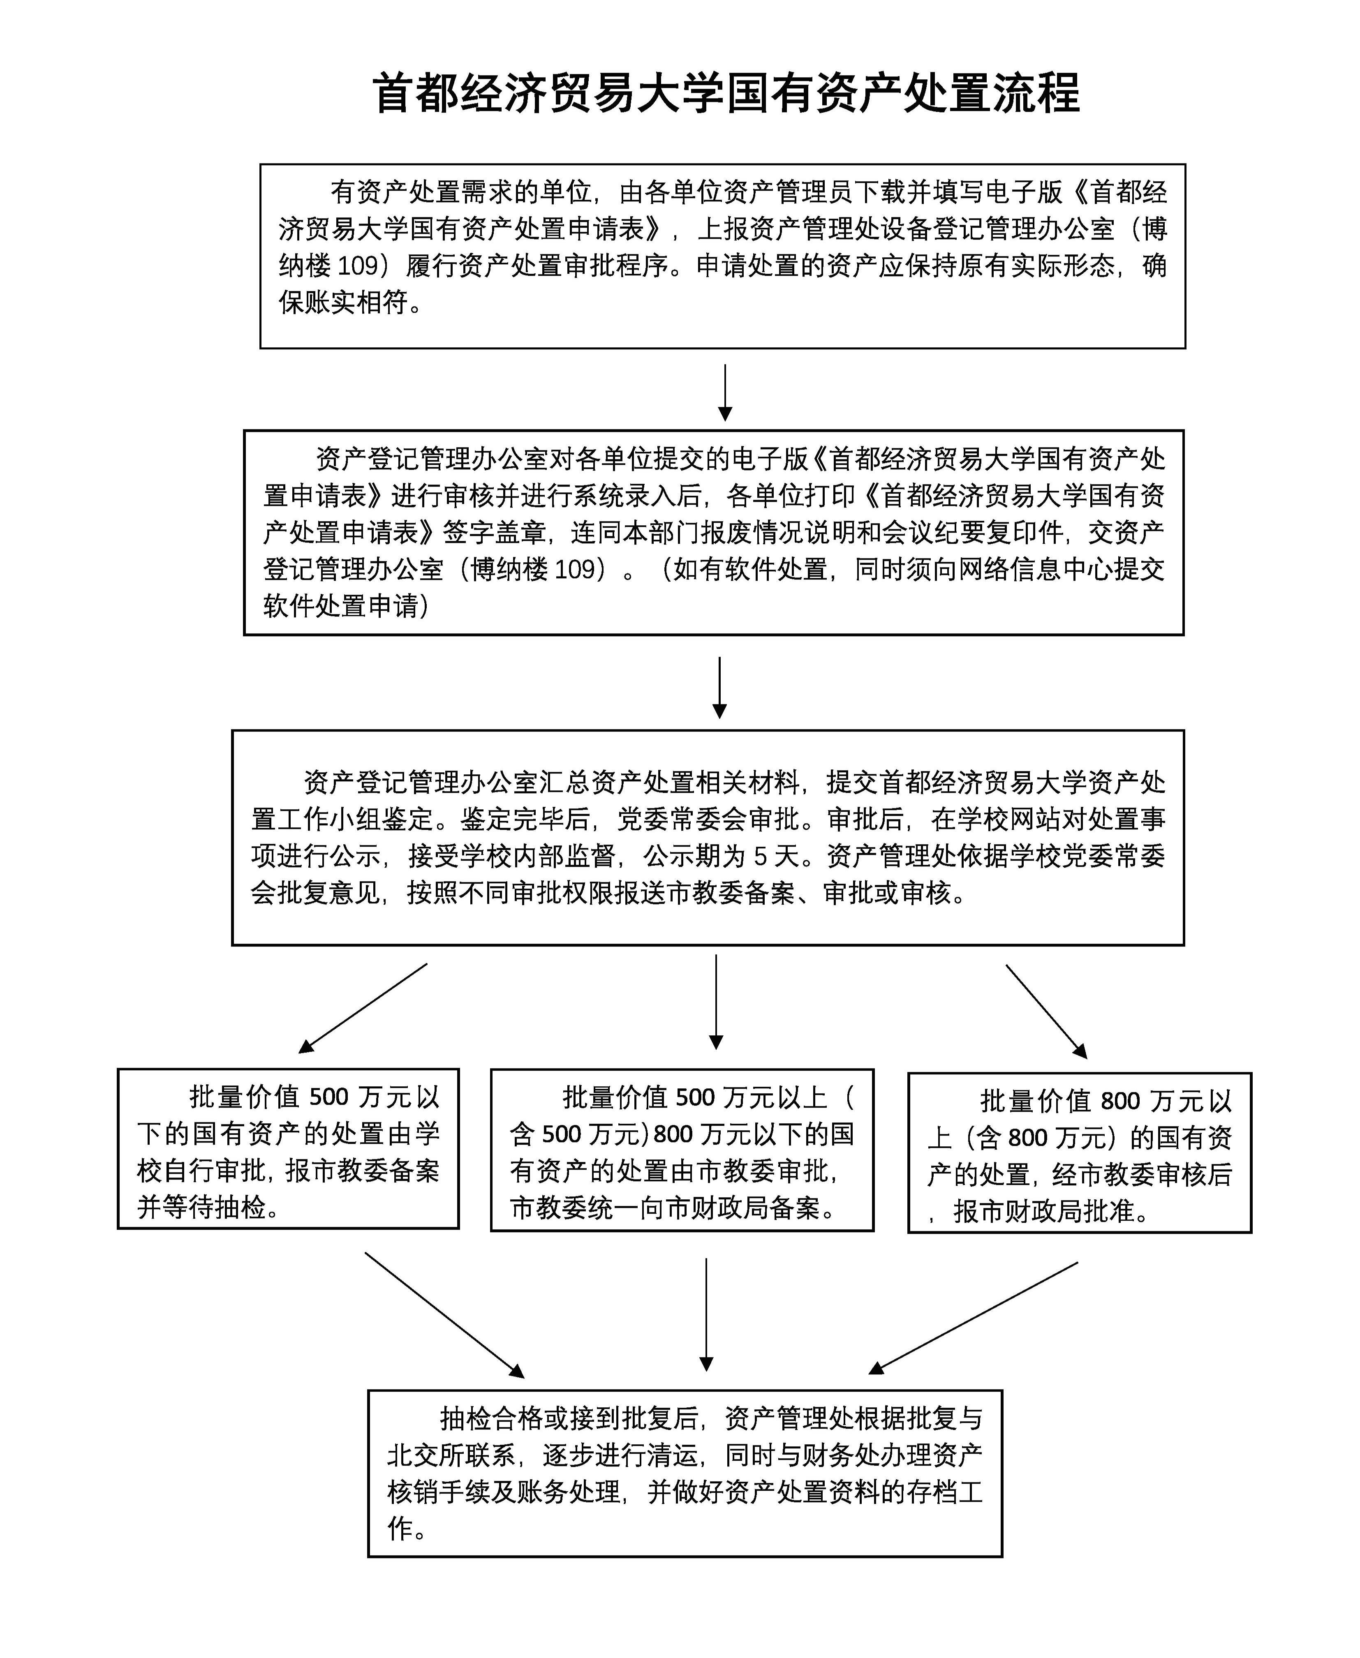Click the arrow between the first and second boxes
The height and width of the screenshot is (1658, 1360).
pyautogui.click(x=726, y=392)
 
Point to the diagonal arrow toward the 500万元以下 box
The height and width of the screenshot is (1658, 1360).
pyautogui.click(x=363, y=1008)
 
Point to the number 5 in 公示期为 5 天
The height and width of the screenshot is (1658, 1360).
pyautogui.click(x=760, y=857)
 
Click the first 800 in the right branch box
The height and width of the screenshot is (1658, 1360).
pyautogui.click(x=1120, y=1101)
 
